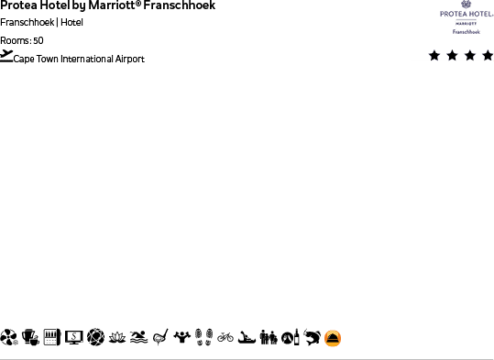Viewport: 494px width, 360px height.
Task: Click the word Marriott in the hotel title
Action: coord(120,5)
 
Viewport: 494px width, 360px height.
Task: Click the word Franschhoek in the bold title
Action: coord(187,5)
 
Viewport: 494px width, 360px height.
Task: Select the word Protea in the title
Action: coord(16,5)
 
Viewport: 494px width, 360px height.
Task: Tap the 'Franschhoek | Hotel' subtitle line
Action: coord(41,22)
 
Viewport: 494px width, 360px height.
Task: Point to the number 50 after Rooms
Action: coord(38,40)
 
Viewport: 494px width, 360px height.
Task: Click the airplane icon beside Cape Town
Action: coord(6,56)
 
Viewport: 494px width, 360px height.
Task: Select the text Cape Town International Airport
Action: coord(79,60)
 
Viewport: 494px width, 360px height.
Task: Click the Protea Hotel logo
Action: coord(467,17)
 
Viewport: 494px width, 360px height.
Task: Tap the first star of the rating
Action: coord(434,56)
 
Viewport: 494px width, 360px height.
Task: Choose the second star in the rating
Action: coord(452,56)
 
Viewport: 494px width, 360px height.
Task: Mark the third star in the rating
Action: coord(470,56)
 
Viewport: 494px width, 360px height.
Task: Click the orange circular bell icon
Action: coord(333,338)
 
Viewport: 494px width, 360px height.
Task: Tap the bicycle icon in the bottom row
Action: coord(225,337)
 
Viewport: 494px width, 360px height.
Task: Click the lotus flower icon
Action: coord(116,337)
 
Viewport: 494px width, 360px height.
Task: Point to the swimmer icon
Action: coord(138,337)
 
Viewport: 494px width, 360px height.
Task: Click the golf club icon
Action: coord(160,337)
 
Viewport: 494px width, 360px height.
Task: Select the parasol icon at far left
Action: coord(9,337)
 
